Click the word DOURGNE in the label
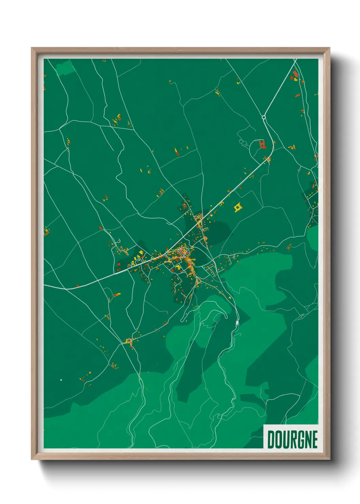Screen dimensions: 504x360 click(x=292, y=439)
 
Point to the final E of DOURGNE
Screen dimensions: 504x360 click(x=315, y=439)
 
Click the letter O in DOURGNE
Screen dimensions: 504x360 click(x=278, y=439)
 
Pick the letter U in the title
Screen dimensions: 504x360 click(x=285, y=439)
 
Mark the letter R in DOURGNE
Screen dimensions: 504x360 click(x=292, y=439)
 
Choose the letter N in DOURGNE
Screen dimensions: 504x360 click(x=307, y=439)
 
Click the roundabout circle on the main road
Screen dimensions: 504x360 click(x=264, y=117)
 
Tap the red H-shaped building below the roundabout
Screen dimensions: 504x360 click(x=262, y=145)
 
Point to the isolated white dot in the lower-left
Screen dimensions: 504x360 click(x=61, y=379)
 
